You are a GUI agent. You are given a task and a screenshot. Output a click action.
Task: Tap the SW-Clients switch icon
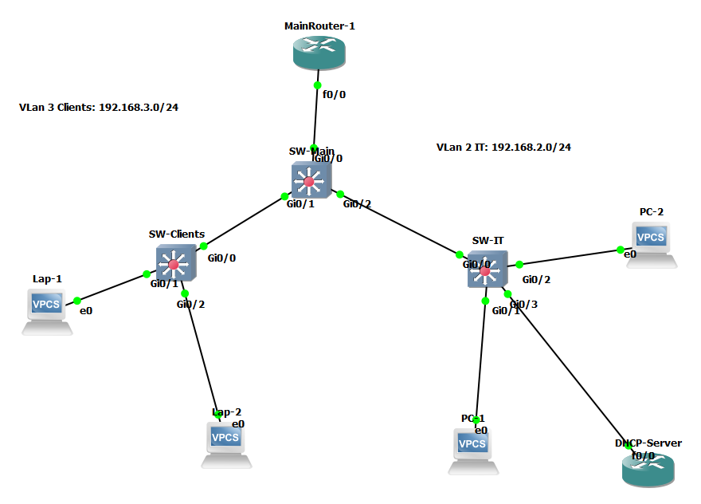pyautogui.click(x=174, y=264)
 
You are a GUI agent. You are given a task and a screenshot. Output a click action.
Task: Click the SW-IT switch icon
pyautogui.click(x=485, y=270)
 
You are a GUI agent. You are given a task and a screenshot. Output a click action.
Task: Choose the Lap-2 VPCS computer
pyautogui.click(x=225, y=443)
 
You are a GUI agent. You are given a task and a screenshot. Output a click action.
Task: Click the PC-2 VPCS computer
pyautogui.click(x=652, y=242)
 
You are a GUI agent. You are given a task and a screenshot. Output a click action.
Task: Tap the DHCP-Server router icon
pyautogui.click(x=647, y=468)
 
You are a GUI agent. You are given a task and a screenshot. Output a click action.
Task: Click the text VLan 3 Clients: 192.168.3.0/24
pyautogui.click(x=99, y=107)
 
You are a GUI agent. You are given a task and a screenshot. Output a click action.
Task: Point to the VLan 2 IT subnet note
pyautogui.click(x=503, y=148)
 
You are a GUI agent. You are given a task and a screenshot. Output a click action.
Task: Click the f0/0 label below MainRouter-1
pyautogui.click(x=334, y=94)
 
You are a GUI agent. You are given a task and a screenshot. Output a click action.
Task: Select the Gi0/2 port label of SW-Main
pyautogui.click(x=357, y=204)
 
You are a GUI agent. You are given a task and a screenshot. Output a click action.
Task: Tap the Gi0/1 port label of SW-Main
pyautogui.click(x=300, y=204)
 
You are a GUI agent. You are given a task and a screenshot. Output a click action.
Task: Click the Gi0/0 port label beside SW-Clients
pyautogui.click(x=221, y=258)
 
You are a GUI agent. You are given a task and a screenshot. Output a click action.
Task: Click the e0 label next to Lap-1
pyautogui.click(x=86, y=311)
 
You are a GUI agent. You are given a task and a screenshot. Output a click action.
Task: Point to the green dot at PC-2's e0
pyautogui.click(x=621, y=250)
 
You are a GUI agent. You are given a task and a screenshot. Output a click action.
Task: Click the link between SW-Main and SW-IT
pyautogui.click(x=398, y=224)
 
